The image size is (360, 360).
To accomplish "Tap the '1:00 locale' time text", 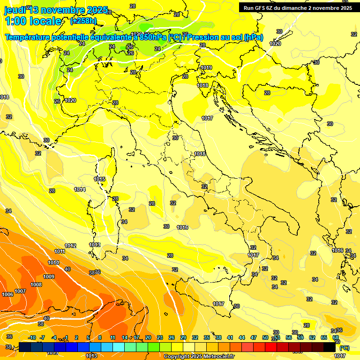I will pyautogui.click(x=33, y=21).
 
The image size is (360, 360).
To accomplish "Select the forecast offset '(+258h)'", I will pyautogui.click(x=83, y=21).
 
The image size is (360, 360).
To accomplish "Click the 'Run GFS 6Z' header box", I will pyautogui.click(x=298, y=7).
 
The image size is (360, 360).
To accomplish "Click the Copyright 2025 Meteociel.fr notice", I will pyautogui.click(x=199, y=356).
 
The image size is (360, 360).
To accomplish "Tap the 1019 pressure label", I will pyautogui.click(x=206, y=68).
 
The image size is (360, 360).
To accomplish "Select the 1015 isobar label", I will pyautogui.click(x=99, y=180).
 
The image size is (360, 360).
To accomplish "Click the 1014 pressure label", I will pyautogui.click(x=80, y=190).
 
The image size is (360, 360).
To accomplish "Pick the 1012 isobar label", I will pyautogui.click(x=70, y=246).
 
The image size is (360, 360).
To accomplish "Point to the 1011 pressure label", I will pyautogui.click(x=60, y=252).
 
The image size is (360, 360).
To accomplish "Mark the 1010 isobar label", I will pyautogui.click(x=53, y=263).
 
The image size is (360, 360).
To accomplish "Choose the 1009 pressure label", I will pyautogui.click(x=49, y=277).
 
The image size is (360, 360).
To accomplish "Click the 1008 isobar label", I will pyautogui.click(x=36, y=285).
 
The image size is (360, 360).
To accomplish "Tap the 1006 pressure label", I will pyautogui.click(x=7, y=295).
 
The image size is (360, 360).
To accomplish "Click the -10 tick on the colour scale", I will pyautogui.click(x=32, y=337).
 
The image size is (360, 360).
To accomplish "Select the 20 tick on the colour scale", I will pyautogui.click(x=148, y=337).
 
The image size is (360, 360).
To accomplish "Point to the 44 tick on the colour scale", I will pyautogui.click(x=242, y=337).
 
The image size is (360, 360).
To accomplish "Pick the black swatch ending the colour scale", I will pyautogui.click(x=330, y=347).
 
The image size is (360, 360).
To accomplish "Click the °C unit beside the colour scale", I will pyautogui.click(x=344, y=348).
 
